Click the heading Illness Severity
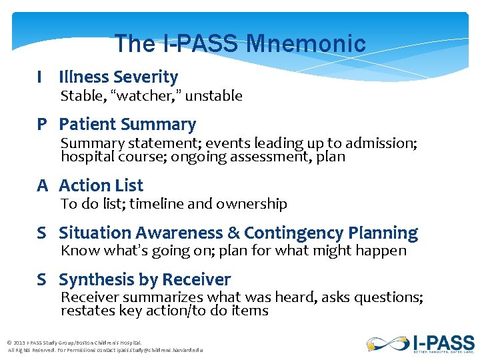[118, 77]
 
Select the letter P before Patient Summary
[42, 125]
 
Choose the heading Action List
[101, 185]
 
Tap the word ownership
[254, 204]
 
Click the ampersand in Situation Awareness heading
[233, 233]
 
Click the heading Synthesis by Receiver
[145, 279]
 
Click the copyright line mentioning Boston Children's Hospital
[74, 343]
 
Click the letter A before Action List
[42, 185]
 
